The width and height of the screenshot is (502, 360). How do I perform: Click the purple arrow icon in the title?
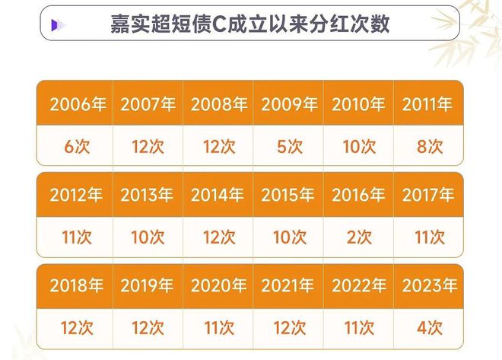tap(56, 25)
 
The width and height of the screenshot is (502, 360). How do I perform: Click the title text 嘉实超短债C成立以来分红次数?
tap(250, 24)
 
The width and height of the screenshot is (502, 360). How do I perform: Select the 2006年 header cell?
tap(75, 103)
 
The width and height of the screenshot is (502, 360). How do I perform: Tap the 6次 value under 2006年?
tap(77, 147)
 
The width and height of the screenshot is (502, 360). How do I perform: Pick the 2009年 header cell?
tap(288, 103)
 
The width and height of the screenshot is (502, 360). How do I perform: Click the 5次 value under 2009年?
tap(290, 147)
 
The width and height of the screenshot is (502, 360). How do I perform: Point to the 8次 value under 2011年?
tap(430, 147)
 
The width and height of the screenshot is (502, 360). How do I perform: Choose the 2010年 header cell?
tap(358, 103)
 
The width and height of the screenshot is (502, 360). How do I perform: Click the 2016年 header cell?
tap(358, 194)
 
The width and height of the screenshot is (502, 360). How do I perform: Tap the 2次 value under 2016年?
tap(359, 237)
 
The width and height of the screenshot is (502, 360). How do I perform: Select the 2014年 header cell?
tap(218, 194)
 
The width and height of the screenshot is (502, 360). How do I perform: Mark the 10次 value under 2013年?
tap(148, 237)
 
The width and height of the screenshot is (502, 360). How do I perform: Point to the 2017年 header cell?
tap(429, 194)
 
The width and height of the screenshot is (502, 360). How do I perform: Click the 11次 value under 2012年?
tap(77, 237)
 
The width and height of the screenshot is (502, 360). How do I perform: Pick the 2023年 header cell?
tap(429, 285)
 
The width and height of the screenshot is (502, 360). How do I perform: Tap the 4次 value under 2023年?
tap(430, 328)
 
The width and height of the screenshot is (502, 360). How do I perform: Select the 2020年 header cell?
tap(218, 285)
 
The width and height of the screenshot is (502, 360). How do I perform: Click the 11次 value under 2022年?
tap(359, 328)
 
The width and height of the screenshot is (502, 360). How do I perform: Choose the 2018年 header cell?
tap(75, 285)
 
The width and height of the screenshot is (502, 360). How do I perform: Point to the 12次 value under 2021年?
tap(290, 328)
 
